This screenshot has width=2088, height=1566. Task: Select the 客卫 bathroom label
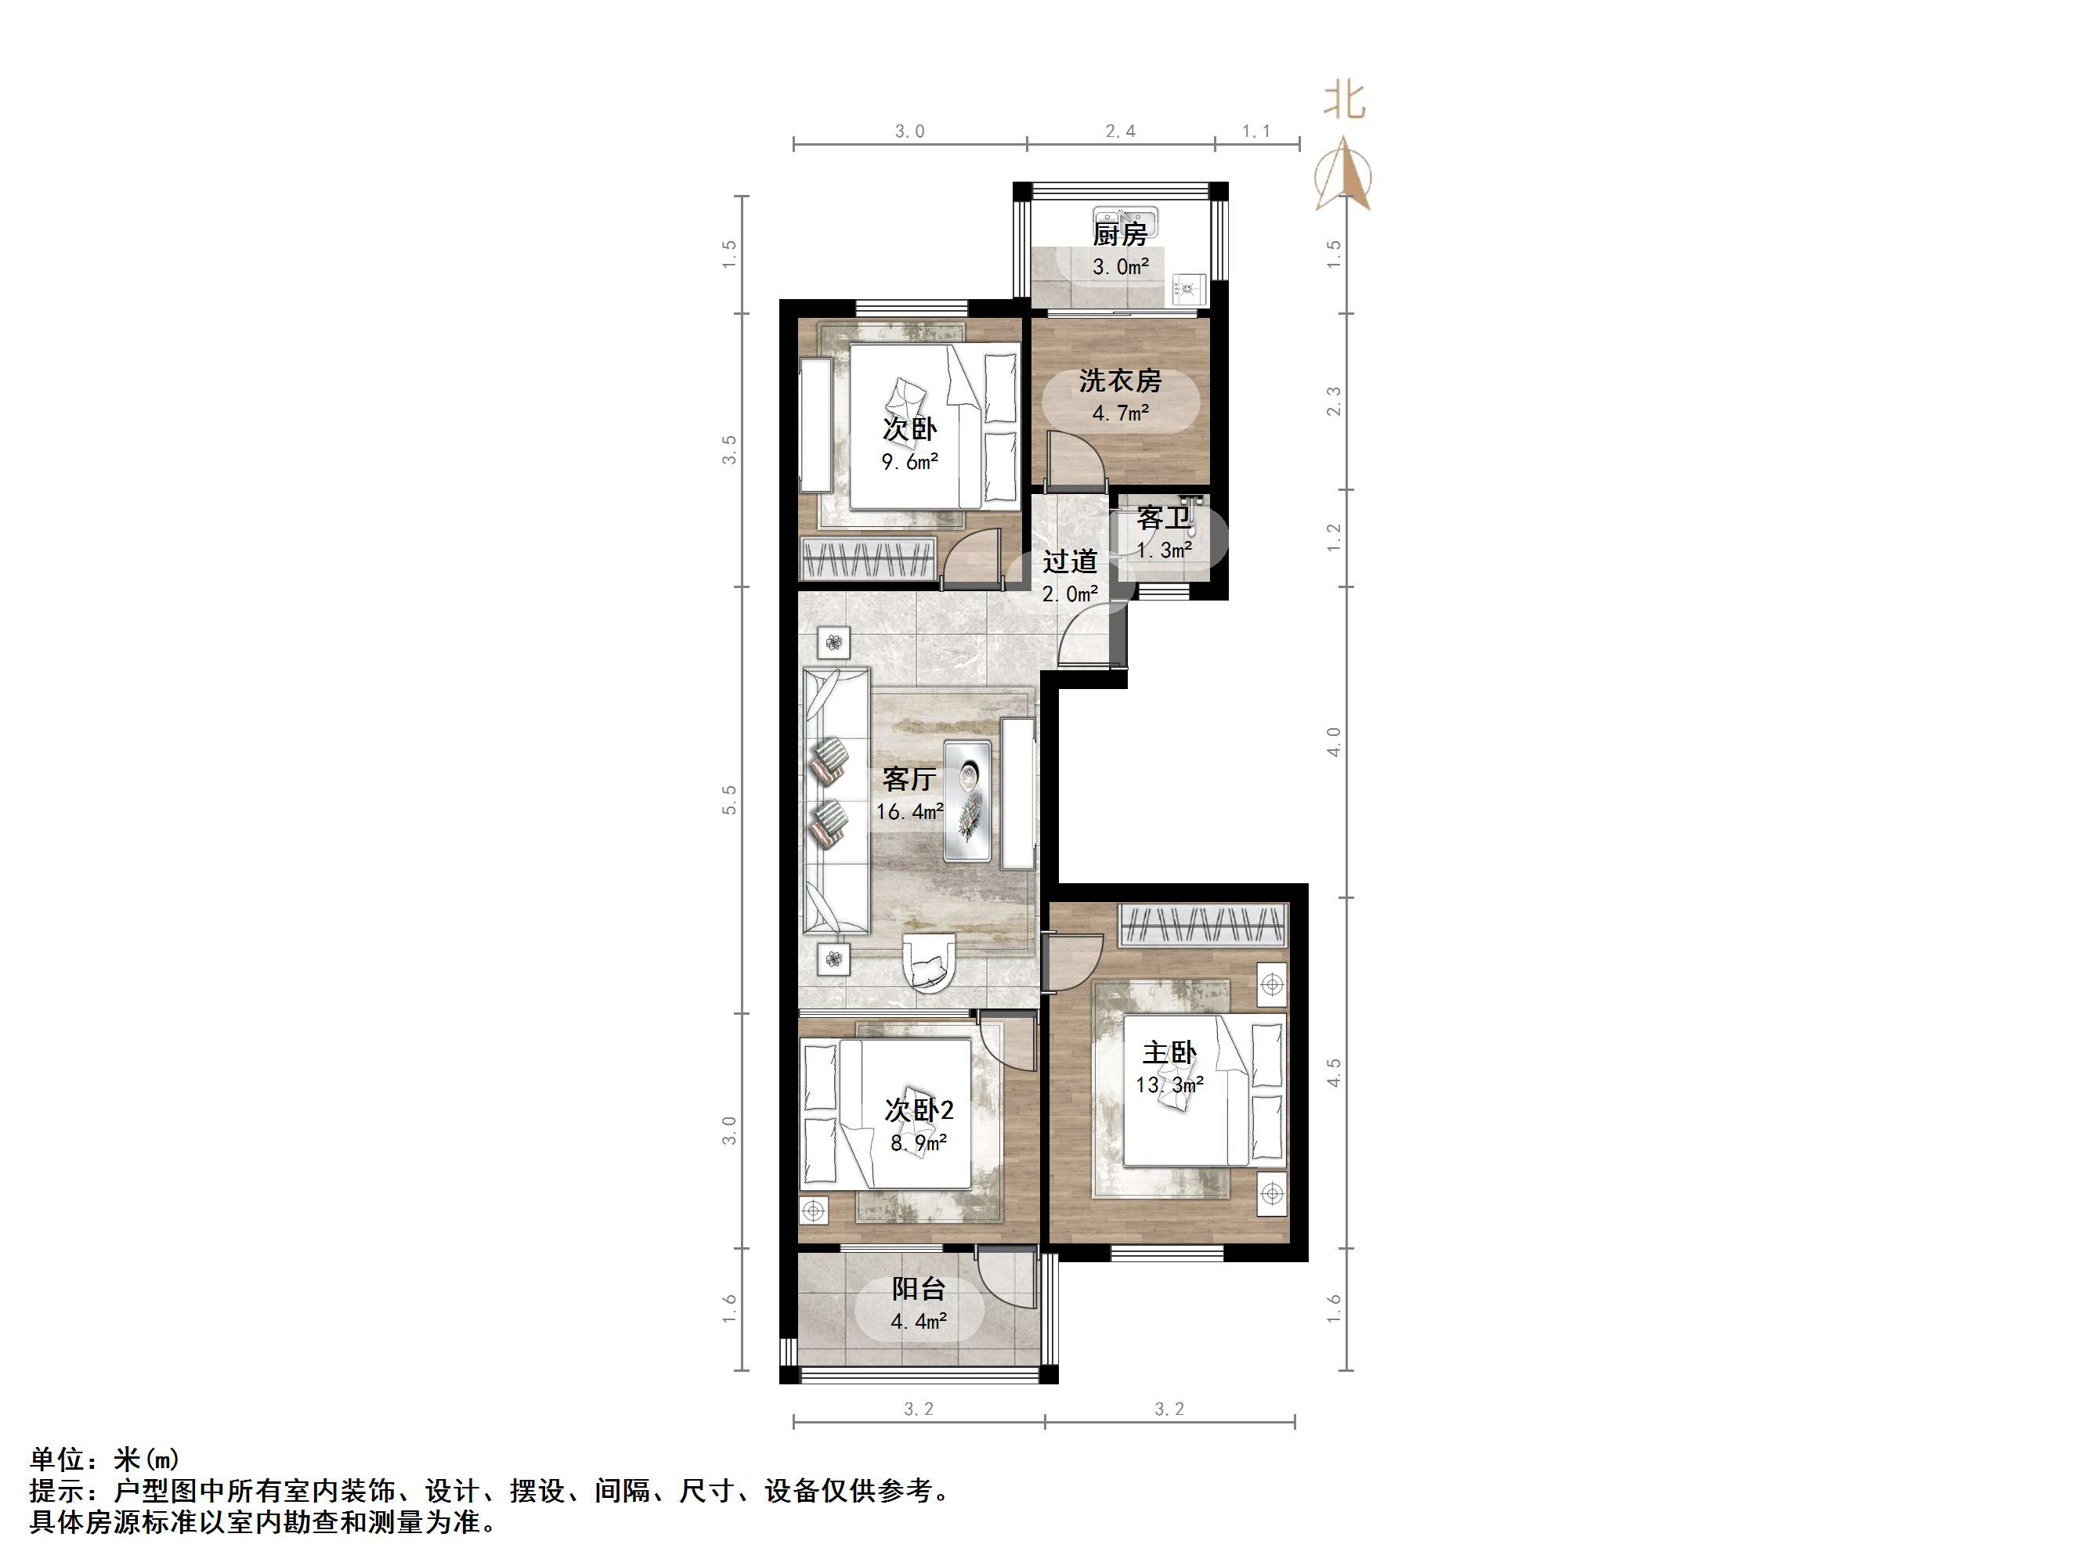[x=1163, y=518]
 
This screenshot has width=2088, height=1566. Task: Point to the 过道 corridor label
[x=1070, y=561]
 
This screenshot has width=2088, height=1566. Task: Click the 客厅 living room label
[x=909, y=779]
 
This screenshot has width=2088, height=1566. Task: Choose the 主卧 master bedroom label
[x=1169, y=1052]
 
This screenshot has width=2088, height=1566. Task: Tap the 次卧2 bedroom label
[x=919, y=1110]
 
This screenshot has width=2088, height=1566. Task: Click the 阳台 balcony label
[x=919, y=1289]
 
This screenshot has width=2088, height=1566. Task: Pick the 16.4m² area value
[x=909, y=812]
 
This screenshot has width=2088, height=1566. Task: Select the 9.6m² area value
[x=909, y=463]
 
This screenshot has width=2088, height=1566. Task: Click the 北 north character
[x=1344, y=101]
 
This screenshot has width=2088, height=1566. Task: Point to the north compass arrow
[x=1344, y=175]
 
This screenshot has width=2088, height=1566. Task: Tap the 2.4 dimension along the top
[x=1121, y=132]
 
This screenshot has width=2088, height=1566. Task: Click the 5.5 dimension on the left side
[x=728, y=799]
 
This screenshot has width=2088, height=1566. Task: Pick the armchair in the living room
[x=930, y=963]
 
